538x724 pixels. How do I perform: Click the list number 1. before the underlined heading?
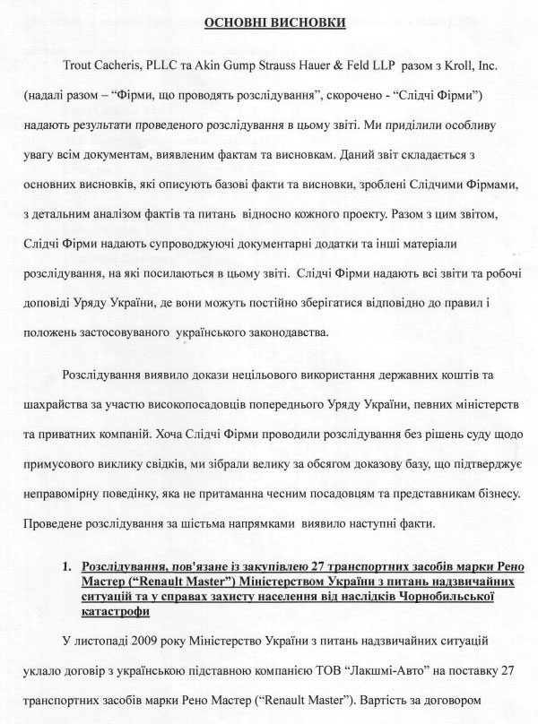(x=66, y=568)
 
